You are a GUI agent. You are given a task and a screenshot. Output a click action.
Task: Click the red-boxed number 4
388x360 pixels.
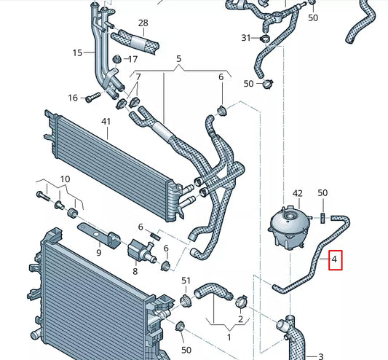tap(335, 259)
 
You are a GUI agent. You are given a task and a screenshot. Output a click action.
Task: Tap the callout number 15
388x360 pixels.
tap(78, 52)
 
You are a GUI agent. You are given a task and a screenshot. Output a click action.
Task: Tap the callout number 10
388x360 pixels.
tap(65, 179)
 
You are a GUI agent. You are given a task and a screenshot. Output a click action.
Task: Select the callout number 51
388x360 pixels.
tap(186, 281)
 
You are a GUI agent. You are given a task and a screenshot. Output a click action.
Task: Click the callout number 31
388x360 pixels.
tap(245, 38)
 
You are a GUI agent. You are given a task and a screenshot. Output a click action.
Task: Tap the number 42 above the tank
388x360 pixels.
tap(296, 194)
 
